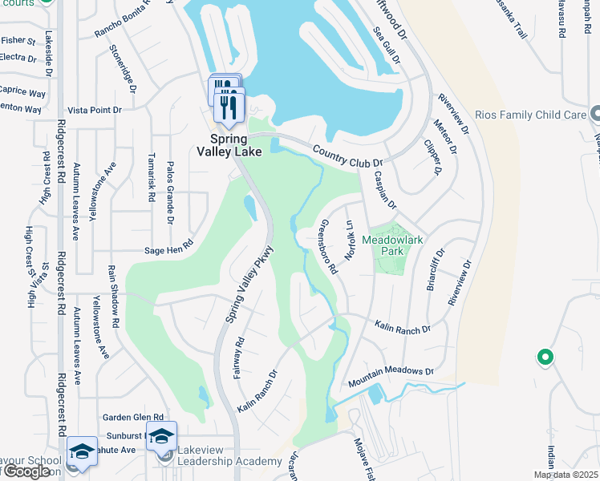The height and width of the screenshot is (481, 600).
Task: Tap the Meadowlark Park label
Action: [x=391, y=245]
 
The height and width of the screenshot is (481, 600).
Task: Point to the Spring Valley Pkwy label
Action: [x=249, y=285]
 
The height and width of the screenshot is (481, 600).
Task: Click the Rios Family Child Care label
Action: [x=530, y=115]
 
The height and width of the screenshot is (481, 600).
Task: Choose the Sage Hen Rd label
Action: [x=168, y=249]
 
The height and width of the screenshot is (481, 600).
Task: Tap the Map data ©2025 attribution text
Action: [x=566, y=475]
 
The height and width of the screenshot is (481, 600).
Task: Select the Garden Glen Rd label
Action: [x=133, y=418]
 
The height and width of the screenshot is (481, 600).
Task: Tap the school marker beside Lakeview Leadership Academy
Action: [x=161, y=437]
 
